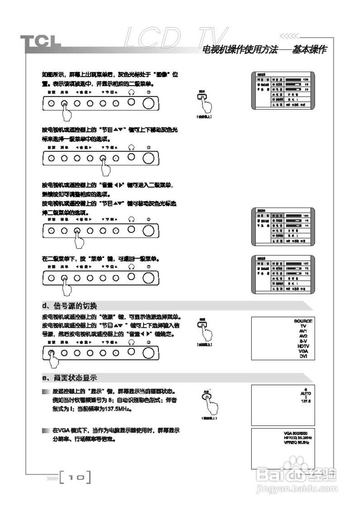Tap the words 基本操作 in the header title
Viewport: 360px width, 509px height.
click(310, 50)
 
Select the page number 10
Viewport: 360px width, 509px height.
click(75, 476)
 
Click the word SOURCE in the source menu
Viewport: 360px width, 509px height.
click(303, 321)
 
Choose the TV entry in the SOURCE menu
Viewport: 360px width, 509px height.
click(303, 326)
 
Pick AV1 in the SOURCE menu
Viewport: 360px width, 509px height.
click(303, 331)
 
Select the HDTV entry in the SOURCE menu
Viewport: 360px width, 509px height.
click(303, 346)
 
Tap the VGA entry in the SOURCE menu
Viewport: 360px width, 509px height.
click(303, 351)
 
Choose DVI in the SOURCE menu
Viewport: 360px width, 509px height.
click(303, 356)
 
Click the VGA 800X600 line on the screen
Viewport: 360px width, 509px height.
click(296, 433)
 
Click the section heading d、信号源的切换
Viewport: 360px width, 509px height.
click(70, 306)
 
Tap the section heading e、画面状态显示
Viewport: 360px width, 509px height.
click(70, 378)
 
